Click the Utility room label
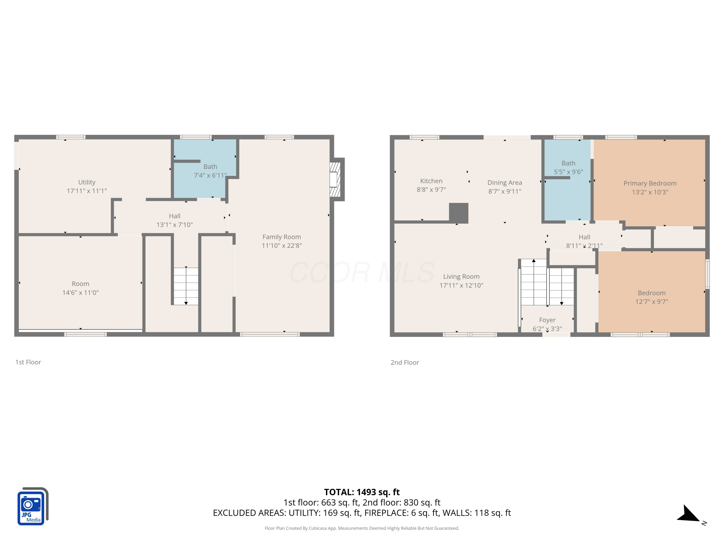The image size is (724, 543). (87, 182)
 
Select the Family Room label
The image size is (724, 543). (281, 237)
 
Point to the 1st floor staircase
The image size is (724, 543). (186, 286)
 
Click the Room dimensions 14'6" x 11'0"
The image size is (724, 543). (81, 292)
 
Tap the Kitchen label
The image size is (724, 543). (431, 181)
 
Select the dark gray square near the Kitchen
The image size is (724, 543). (458, 213)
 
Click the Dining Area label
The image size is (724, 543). (504, 183)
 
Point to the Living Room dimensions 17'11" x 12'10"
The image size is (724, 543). (461, 285)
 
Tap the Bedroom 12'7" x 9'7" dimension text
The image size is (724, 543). (651, 302)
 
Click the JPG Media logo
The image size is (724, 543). (32, 507)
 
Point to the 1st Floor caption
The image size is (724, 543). (28, 362)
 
